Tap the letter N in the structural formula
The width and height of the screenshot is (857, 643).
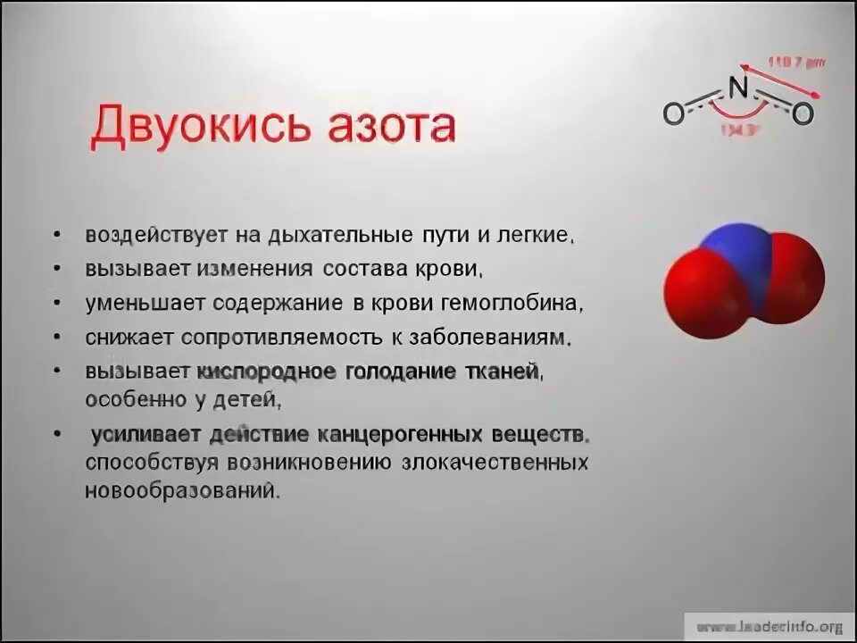coord(736,88)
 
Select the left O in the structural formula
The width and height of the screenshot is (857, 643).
coord(673,113)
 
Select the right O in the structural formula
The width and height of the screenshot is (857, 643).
coord(803,113)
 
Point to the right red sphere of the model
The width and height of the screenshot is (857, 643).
coord(790,277)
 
